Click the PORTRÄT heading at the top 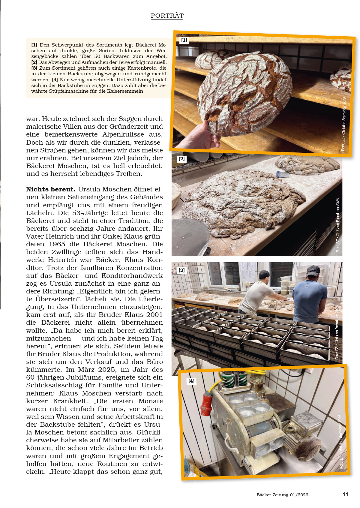click(x=167, y=16)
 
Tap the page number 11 click(x=345, y=494)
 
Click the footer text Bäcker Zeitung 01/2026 click(x=282, y=495)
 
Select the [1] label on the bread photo click(x=184, y=40)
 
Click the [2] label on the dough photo click(x=181, y=159)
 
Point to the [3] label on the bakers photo click(x=181, y=270)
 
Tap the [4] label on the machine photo click(x=191, y=381)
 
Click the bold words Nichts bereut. click(x=50, y=189)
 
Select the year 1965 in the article click(x=57, y=244)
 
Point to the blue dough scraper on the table click(x=282, y=174)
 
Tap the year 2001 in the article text click(x=154, y=315)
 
